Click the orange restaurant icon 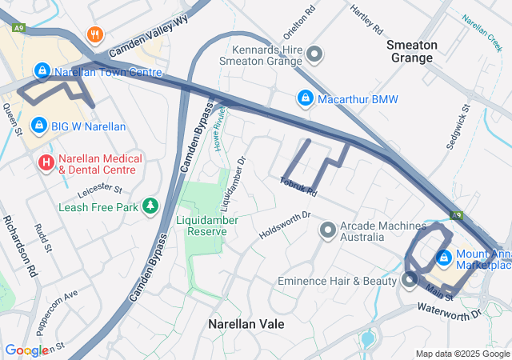95,34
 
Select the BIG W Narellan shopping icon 38,126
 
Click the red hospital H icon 46,162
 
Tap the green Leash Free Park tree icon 150,206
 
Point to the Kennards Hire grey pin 314,54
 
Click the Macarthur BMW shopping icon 304,98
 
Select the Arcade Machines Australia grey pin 327,231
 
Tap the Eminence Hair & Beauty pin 410,280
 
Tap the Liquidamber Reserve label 201,225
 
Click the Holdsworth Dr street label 284,226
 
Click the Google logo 26,350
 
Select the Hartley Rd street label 366,19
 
